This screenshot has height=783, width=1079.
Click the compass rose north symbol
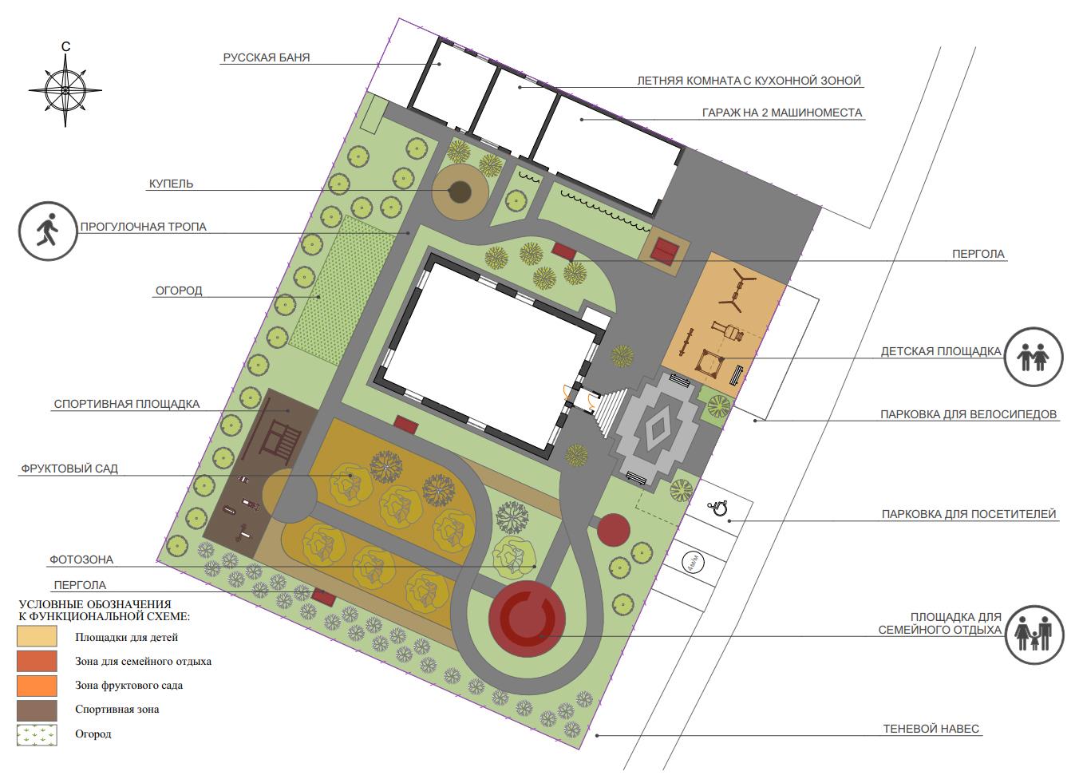[65, 89]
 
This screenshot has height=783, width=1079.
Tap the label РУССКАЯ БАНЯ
[267, 57]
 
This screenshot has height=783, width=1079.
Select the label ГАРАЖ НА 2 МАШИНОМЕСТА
[782, 113]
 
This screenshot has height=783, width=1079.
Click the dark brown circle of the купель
[460, 192]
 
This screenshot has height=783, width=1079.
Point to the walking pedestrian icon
[48, 231]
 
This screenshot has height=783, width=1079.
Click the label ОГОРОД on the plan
[179, 291]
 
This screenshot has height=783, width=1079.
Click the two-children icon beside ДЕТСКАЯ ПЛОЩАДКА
[1034, 357]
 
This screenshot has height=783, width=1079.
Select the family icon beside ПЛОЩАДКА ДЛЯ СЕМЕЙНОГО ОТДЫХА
[1034, 635]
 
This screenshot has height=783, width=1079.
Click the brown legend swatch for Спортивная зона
[37, 710]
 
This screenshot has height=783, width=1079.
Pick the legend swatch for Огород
[37, 735]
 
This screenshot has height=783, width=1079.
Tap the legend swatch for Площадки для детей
[37, 636]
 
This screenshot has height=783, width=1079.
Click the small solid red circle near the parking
[614, 529]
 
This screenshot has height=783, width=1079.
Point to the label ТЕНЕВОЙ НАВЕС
[931, 729]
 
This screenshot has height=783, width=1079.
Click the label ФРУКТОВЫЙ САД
[69, 469]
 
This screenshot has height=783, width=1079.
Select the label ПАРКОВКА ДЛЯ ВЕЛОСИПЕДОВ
[968, 414]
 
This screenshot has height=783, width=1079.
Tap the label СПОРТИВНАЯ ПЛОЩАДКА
[127, 404]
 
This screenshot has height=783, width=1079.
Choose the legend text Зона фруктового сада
[128, 685]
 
